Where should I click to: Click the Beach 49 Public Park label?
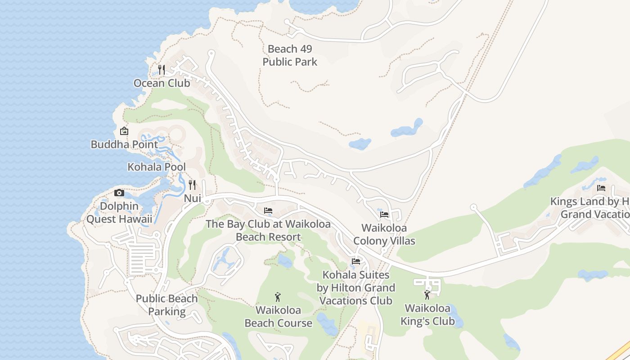pos(290,55)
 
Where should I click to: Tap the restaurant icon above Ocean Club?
pos(162,70)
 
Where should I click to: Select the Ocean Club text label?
pos(162,83)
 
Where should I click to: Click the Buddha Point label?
pos(124,144)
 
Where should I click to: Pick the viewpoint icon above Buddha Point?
pos(124,131)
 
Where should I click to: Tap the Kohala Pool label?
pos(157,167)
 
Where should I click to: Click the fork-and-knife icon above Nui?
pos(192,184)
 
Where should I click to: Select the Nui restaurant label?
pos(192,198)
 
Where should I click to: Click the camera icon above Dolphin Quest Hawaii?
pos(119,193)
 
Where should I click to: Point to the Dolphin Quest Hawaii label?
pos(119,213)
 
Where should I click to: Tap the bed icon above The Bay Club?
pos(268,210)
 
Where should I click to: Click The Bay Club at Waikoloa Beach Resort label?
pos(268,230)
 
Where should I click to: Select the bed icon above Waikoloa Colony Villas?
pos(384,215)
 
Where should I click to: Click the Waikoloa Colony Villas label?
pos(384,234)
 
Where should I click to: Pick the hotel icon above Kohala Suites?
pos(356,261)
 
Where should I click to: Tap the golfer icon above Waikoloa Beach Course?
pos(278,297)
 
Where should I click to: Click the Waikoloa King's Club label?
pos(427,315)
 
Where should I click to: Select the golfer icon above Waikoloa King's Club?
pos(427,295)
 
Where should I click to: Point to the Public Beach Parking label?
pos(166,305)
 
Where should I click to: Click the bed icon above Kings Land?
pos(601,188)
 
